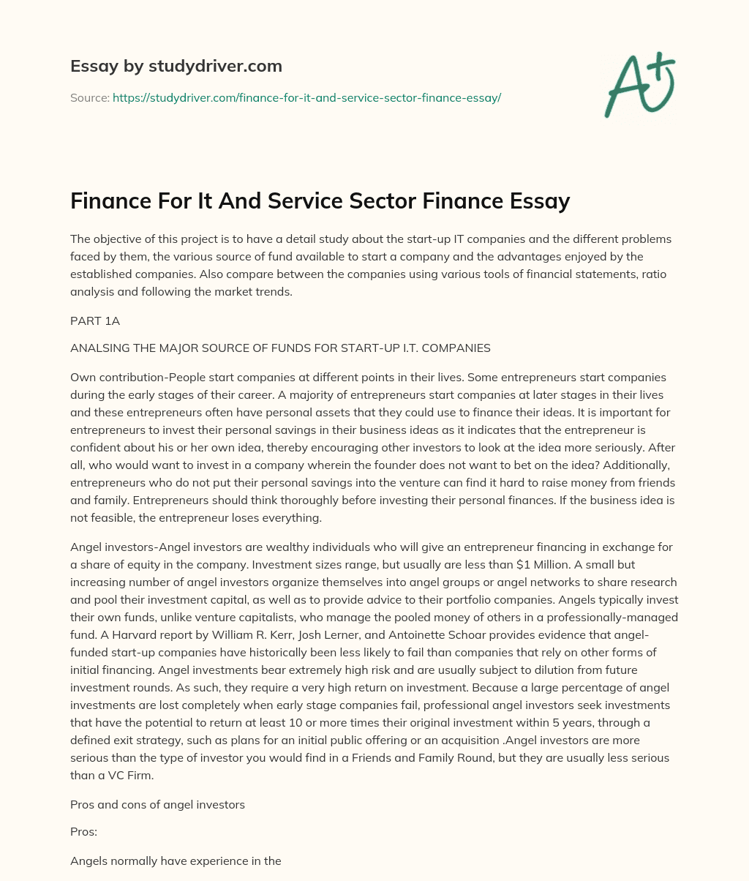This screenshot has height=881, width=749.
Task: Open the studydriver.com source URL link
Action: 306,97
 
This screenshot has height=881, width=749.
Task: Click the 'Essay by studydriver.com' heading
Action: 176,66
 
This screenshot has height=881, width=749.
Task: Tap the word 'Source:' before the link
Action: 90,97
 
